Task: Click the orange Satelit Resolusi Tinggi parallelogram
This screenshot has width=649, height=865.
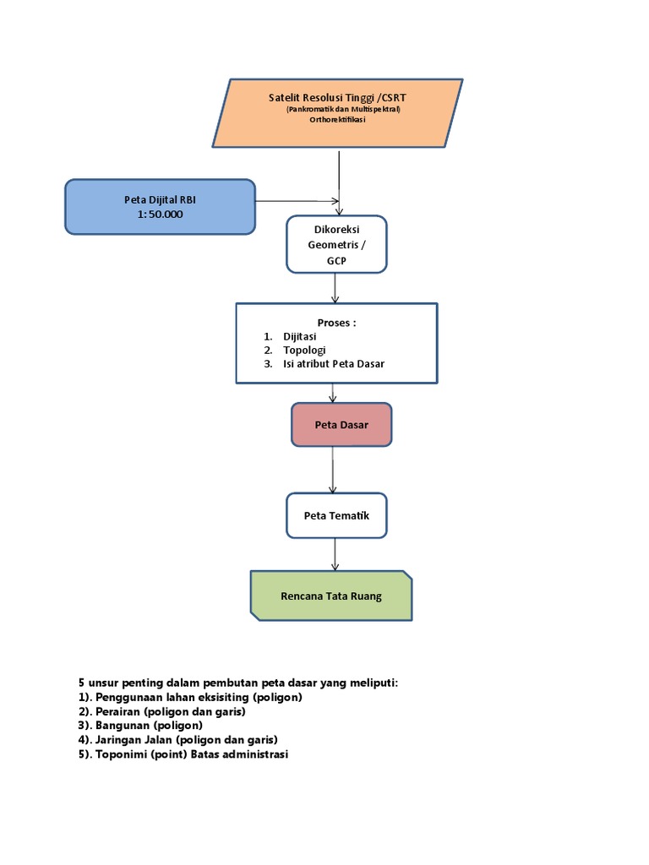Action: pyautogui.click(x=338, y=112)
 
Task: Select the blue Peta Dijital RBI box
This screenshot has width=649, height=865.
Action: pyautogui.click(x=160, y=207)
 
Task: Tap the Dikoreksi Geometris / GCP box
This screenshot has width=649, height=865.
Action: pyautogui.click(x=336, y=244)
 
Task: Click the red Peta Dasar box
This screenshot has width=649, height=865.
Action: pyautogui.click(x=341, y=425)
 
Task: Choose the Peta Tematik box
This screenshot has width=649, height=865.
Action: pyautogui.click(x=336, y=515)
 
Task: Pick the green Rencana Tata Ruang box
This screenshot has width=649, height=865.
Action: pyautogui.click(x=331, y=596)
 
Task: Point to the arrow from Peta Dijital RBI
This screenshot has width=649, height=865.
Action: pyautogui.click(x=296, y=201)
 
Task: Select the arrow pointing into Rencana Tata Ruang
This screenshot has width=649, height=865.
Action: pyautogui.click(x=335, y=553)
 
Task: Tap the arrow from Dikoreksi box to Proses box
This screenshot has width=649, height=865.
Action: pyautogui.click(x=335, y=287)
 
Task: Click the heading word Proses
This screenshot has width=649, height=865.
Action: pyautogui.click(x=336, y=323)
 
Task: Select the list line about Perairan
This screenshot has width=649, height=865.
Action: pyautogui.click(x=161, y=711)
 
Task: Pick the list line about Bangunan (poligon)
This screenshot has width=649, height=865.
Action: pyautogui.click(x=140, y=726)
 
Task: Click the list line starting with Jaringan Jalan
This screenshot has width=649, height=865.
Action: pyautogui.click(x=177, y=740)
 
